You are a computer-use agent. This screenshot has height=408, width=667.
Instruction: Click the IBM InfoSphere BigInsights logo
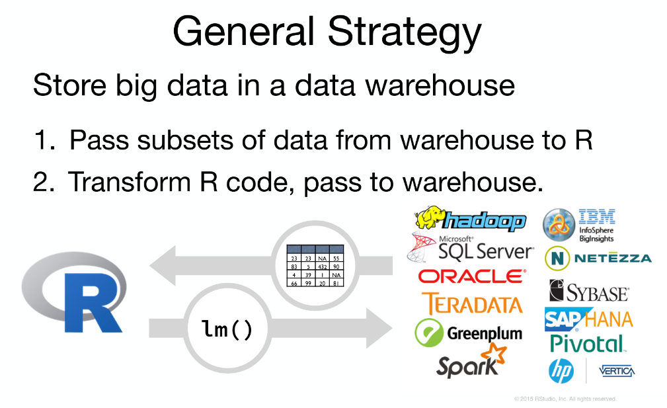579,225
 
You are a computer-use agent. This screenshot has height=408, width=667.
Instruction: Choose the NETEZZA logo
598,259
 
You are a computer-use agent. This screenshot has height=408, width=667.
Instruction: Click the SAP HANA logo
588,319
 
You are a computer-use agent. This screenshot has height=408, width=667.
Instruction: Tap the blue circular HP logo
561,371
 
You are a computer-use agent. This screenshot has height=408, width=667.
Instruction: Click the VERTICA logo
616,371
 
